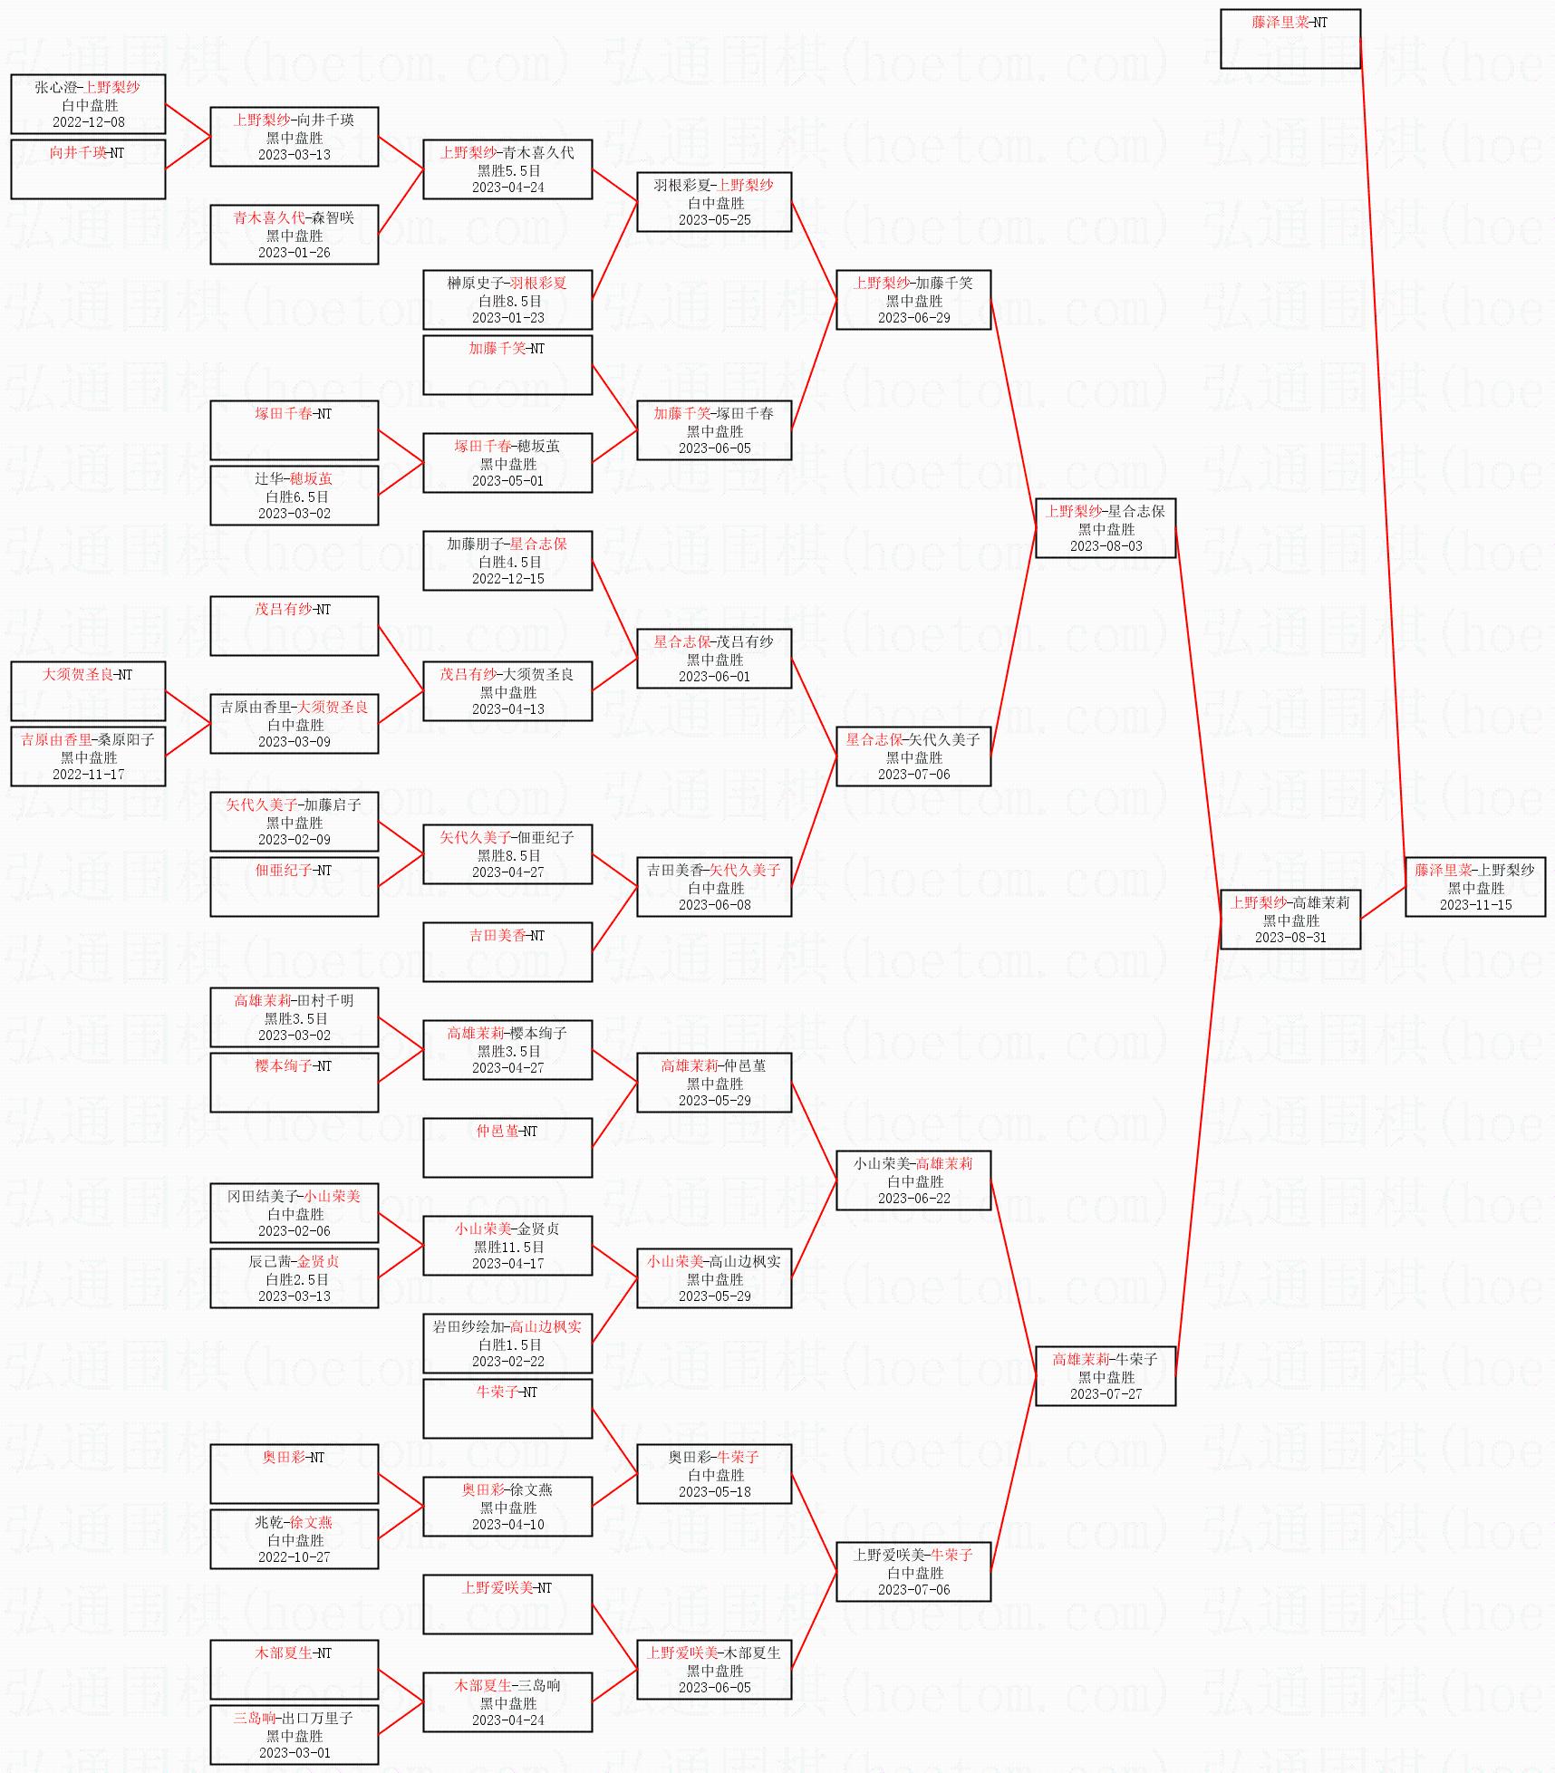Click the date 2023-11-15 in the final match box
point(1475,905)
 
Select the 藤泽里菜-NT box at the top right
point(1290,39)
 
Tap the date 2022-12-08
point(89,122)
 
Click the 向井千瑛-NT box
point(88,169)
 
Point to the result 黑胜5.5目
point(508,170)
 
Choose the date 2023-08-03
point(1106,546)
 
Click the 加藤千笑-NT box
point(507,365)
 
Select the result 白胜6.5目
point(295,496)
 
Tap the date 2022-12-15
point(508,579)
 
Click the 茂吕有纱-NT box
point(295,626)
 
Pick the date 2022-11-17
point(89,775)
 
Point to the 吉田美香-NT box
point(507,952)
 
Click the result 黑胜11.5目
point(508,1247)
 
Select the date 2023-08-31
point(1290,938)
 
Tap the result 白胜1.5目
point(508,1344)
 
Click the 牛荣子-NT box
point(507,1409)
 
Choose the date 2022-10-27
point(295,1557)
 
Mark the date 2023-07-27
point(1106,1394)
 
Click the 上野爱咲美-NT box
point(507,1604)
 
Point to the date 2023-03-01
point(295,1753)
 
